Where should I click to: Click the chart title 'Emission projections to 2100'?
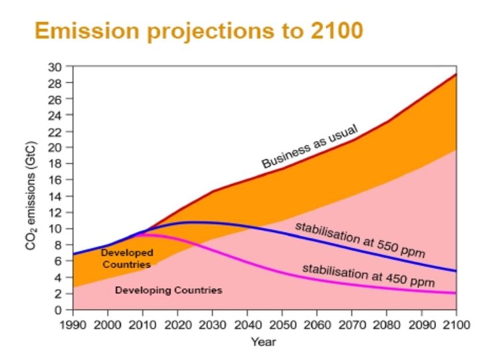tap(199, 31)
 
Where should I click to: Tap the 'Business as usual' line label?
tap(309, 146)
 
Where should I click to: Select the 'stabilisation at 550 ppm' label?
tap(360, 240)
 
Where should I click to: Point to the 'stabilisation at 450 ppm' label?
tap(369, 275)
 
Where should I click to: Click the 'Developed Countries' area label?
tap(127, 259)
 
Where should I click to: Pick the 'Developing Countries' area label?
tap(169, 291)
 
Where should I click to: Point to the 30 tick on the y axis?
tap(60, 67)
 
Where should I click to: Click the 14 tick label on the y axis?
tap(60, 197)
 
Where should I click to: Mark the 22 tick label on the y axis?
tap(60, 132)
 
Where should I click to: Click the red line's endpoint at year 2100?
tap(456, 74)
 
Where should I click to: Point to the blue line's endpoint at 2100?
tap(456, 271)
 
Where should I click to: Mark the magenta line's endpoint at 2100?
tap(456, 293)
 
